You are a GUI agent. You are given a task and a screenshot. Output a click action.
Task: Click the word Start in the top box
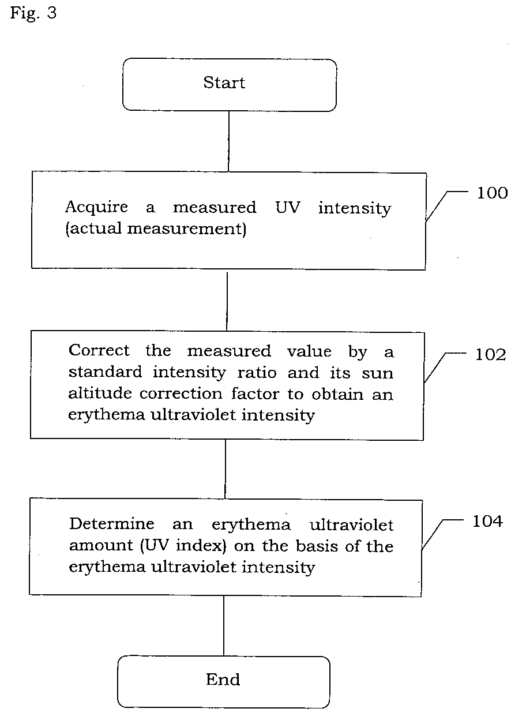(224, 83)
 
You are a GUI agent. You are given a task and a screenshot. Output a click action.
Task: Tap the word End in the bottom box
(223, 679)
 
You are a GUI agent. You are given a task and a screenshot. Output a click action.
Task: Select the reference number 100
(492, 193)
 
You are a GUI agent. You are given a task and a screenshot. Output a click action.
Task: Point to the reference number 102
(490, 355)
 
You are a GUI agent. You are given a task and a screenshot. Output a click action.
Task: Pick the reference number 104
(487, 521)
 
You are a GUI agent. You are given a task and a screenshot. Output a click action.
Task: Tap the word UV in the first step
(288, 208)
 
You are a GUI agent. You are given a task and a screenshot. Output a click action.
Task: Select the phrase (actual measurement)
(156, 229)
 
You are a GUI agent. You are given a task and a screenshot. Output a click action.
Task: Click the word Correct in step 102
(99, 350)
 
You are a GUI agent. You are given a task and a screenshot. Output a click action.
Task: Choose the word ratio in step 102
(257, 373)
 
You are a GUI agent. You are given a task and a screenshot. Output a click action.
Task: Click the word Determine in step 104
(112, 524)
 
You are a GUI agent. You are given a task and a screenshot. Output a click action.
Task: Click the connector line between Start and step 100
(229, 141)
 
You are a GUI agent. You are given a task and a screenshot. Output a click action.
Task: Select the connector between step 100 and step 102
(227, 301)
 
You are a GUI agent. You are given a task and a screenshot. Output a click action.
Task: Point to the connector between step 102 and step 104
(226, 469)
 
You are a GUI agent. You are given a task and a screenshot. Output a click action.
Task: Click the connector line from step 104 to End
(224, 626)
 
